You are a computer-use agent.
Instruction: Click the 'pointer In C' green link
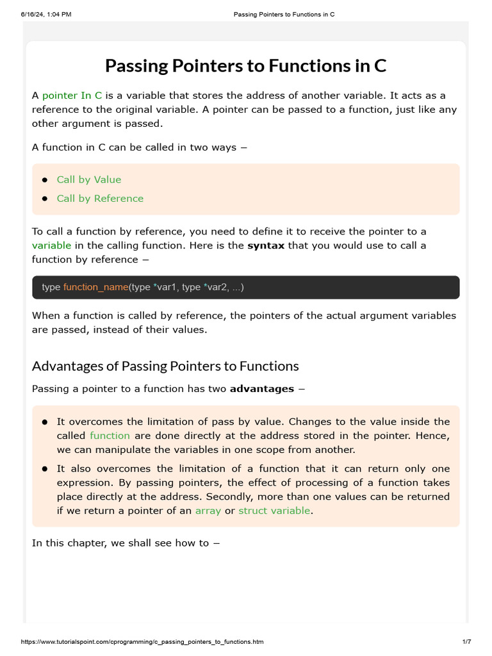coord(72,95)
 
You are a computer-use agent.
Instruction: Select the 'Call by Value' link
coord(88,179)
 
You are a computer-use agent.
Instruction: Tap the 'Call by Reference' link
coord(100,199)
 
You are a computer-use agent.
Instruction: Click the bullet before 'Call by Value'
coord(45,180)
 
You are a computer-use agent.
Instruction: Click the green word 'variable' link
coord(52,245)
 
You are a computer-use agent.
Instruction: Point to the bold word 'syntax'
coord(266,245)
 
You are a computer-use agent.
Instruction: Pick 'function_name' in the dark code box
coord(95,287)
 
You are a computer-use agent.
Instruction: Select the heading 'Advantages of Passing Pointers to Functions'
coord(165,366)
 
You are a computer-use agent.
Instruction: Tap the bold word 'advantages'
coord(261,389)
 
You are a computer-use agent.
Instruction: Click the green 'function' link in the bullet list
coord(110,436)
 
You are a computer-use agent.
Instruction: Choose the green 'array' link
coord(208,511)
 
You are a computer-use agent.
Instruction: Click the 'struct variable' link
coord(274,511)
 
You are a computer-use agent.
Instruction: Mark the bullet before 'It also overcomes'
coord(45,469)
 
